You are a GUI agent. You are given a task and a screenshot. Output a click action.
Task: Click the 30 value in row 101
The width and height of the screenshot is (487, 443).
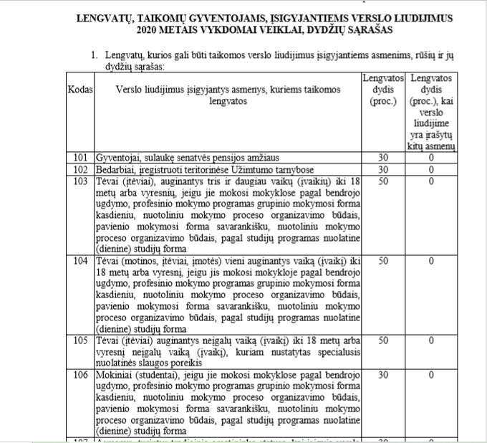tap(382, 158)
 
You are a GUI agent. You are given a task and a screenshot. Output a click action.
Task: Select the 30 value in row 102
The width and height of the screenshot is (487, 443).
tap(382, 169)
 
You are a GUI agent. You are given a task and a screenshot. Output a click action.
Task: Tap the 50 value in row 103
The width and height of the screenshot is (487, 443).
tap(382, 181)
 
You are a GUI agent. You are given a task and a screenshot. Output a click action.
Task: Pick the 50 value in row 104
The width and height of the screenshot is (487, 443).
tap(382, 260)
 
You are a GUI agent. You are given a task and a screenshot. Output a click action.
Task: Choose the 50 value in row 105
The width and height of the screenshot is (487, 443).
tap(382, 340)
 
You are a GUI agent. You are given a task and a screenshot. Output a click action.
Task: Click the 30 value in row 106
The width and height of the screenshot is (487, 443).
tap(382, 374)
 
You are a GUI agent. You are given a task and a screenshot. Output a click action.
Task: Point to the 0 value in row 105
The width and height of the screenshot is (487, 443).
tap(432, 340)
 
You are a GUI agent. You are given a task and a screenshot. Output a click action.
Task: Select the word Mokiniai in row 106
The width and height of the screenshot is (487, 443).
tap(115, 374)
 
